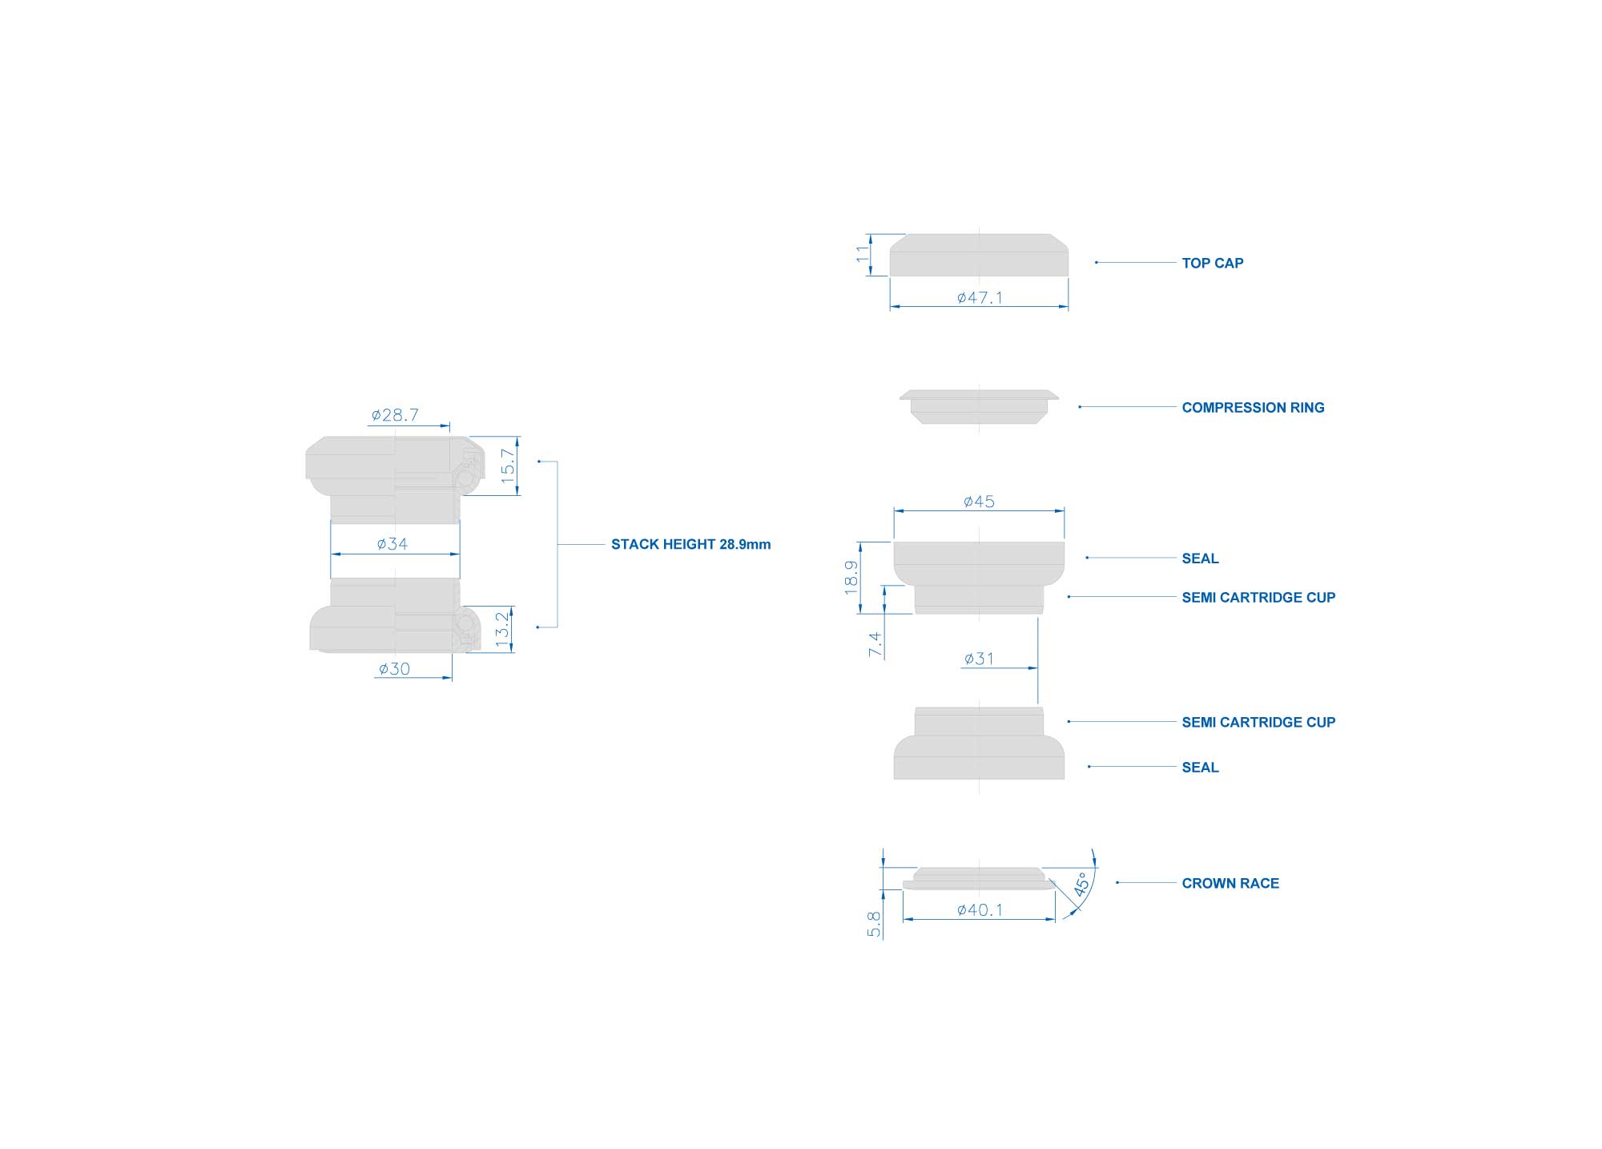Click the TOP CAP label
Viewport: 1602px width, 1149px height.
[x=1212, y=263]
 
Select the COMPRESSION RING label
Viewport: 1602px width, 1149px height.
[x=1253, y=408]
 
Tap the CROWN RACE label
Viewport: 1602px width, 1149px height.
[x=1230, y=883]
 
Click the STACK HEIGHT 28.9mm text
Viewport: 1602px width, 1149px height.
[x=690, y=544]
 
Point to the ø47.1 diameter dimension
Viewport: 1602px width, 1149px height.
[x=980, y=297]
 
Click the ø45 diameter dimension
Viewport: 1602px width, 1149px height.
[x=979, y=502]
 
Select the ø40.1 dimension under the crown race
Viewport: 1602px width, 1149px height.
[x=980, y=909]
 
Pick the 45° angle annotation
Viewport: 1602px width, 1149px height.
[x=1081, y=884]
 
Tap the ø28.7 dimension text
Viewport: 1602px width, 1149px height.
[x=395, y=415]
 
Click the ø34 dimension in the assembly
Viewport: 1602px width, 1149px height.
[x=392, y=544]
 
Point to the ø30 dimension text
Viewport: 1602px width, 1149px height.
[x=394, y=668]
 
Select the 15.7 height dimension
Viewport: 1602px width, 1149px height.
[x=508, y=466]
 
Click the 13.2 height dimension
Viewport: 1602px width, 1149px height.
[x=502, y=629]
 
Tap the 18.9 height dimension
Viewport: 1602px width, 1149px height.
[x=851, y=577]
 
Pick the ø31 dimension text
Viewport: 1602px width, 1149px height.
[x=979, y=659]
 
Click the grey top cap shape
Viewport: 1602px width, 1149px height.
[x=979, y=255]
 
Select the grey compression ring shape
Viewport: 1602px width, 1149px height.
[x=979, y=407]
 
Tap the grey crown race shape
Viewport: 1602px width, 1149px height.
[x=979, y=878]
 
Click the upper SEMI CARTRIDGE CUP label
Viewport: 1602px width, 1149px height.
[x=1258, y=597]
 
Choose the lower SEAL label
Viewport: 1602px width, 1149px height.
[x=1200, y=768]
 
